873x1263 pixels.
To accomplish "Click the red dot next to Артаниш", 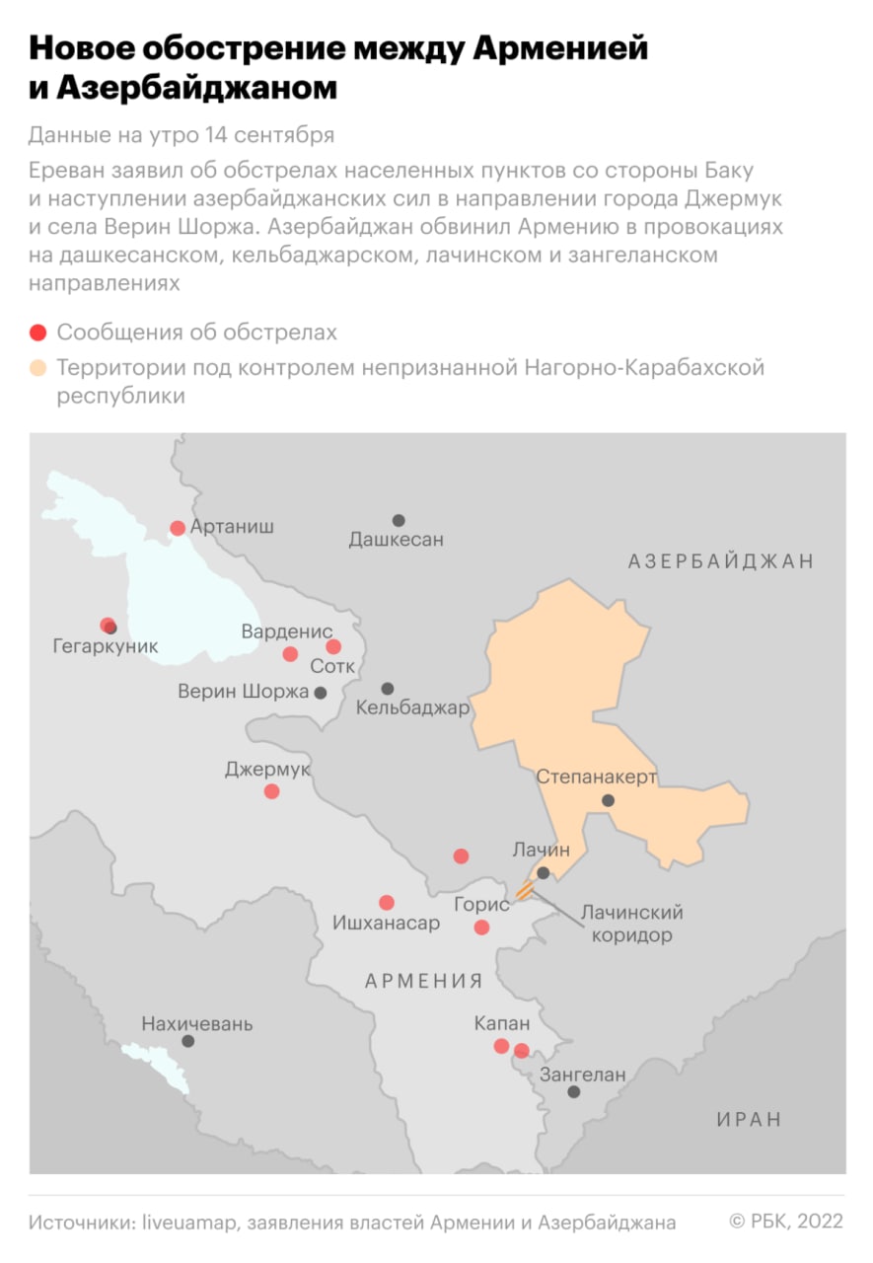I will [x=178, y=528].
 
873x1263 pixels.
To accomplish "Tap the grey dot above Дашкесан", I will [x=399, y=520].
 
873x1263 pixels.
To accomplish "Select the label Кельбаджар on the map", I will [x=412, y=707].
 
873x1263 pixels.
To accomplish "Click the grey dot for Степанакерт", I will [x=609, y=800].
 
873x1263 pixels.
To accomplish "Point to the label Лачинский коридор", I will [x=631, y=924].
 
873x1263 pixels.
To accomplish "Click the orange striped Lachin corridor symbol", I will [x=526, y=891].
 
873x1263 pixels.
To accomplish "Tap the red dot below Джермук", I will [x=271, y=791].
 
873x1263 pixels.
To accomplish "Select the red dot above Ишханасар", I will [x=387, y=902].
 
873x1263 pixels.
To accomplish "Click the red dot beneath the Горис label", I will [x=481, y=927].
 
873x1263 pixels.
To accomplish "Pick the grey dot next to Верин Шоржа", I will [x=321, y=693].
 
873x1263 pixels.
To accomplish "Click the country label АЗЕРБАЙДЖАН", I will [x=721, y=561].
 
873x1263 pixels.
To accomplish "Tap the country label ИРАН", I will [x=749, y=1120].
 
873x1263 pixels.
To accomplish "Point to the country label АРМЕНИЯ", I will [x=424, y=981].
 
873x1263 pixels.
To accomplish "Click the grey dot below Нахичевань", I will [x=187, y=1041].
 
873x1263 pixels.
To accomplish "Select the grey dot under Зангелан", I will [x=573, y=1091].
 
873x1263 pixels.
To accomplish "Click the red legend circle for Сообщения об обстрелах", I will [x=38, y=333].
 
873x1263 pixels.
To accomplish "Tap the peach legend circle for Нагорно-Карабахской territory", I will [x=38, y=368].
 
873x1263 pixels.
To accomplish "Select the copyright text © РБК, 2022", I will [x=785, y=1222].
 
